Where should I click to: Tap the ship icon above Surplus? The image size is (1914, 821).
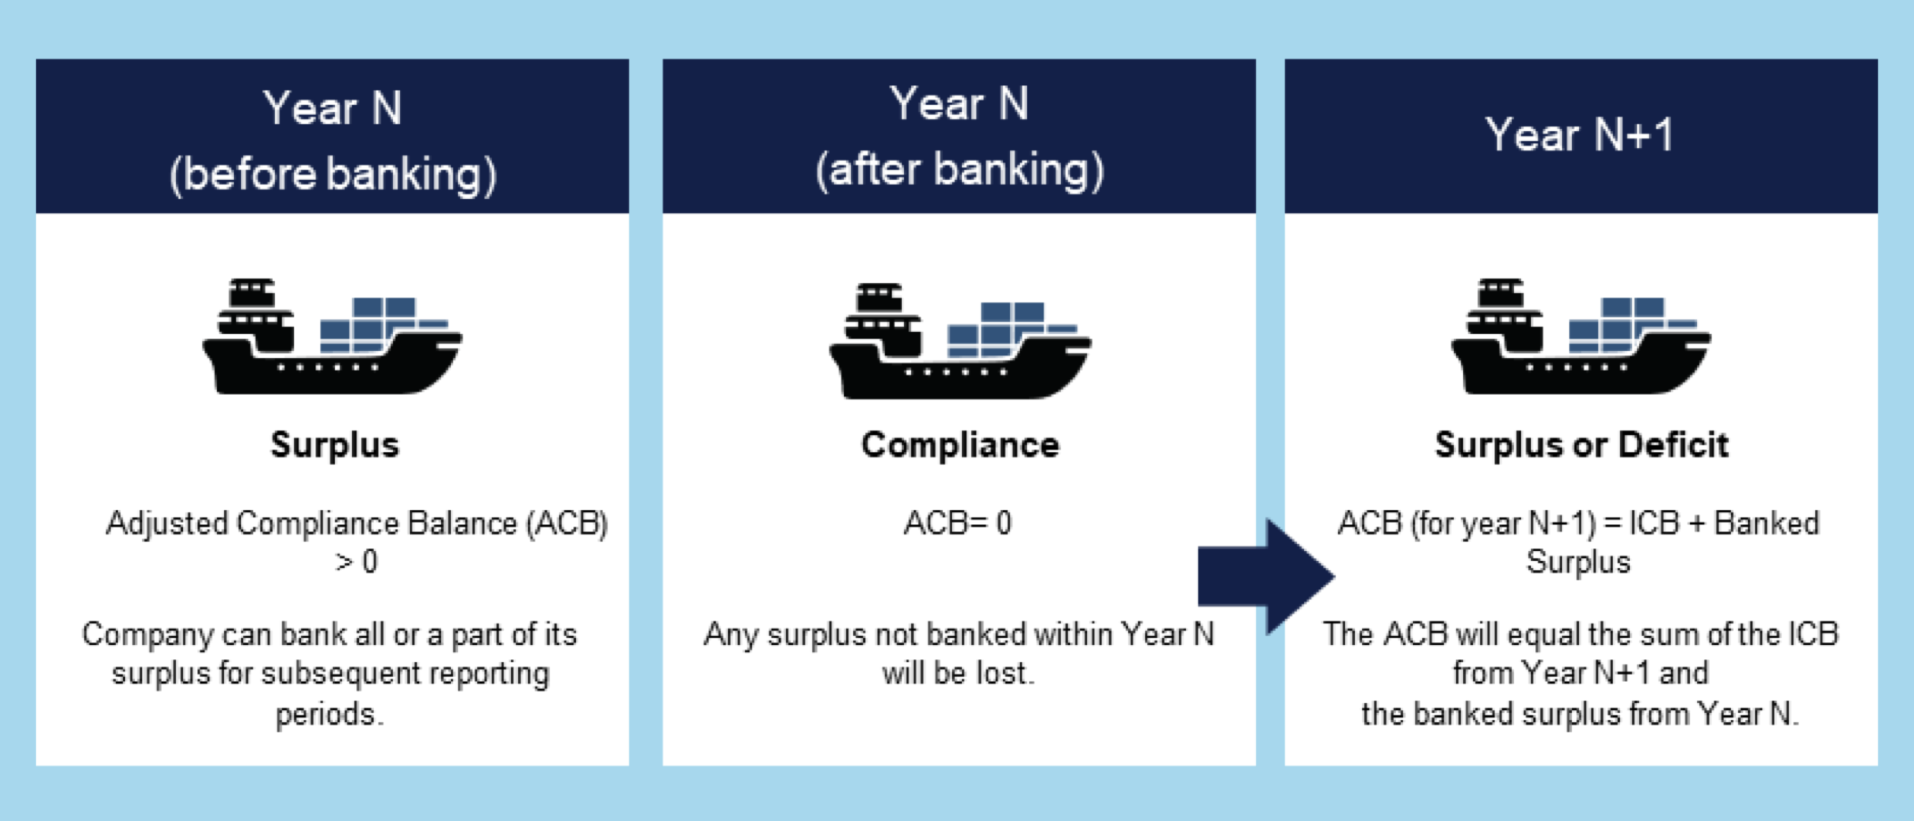(332, 336)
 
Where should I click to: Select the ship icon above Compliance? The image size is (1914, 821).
(960, 341)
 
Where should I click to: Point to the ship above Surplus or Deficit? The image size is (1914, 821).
(1580, 336)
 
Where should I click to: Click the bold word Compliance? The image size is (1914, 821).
(960, 445)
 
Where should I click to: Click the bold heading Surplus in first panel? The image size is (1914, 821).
(334, 446)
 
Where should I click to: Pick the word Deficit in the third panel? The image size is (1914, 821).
(1673, 445)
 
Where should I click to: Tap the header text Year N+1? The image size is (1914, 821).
(1580, 135)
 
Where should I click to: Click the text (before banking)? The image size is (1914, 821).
(333, 174)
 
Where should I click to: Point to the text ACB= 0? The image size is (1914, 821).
(957, 523)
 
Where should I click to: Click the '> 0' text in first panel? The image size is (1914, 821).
(356, 562)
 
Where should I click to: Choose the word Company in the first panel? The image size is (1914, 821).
(147, 635)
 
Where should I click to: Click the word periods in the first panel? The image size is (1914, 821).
(326, 715)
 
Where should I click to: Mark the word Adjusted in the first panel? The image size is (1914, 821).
(167, 524)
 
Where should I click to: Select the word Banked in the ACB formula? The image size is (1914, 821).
(1767, 523)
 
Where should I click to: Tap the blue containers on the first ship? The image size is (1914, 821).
(384, 325)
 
